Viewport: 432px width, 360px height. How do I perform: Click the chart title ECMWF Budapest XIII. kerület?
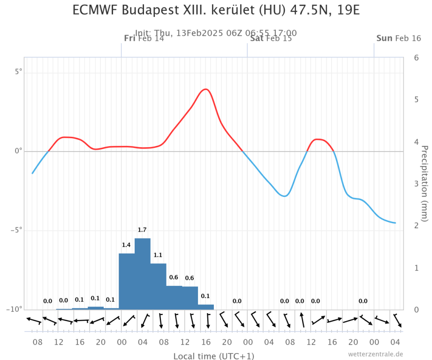click(x=216, y=10)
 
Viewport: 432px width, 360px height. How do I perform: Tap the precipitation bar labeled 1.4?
click(x=127, y=281)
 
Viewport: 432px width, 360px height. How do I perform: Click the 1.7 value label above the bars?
click(x=142, y=230)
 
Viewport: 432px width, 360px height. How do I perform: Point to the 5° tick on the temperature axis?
click(x=18, y=72)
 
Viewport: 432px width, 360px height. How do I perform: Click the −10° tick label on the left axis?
click(x=15, y=309)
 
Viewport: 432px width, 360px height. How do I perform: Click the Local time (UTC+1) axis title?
click(x=214, y=356)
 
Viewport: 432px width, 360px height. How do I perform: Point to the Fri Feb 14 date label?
click(x=144, y=38)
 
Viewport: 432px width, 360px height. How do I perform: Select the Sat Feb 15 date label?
click(x=271, y=38)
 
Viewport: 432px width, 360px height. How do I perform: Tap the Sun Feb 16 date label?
click(x=399, y=38)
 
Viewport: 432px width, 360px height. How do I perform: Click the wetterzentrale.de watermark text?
click(x=375, y=354)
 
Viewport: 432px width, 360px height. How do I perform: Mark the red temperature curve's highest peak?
click(x=205, y=89)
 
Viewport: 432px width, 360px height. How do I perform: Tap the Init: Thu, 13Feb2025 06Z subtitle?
click(x=216, y=33)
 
